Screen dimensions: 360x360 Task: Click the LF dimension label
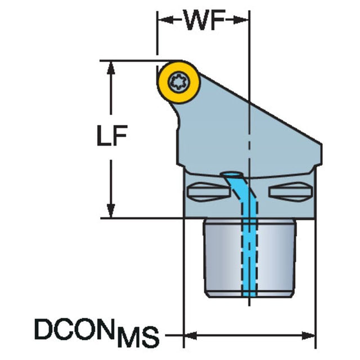click(x=112, y=136)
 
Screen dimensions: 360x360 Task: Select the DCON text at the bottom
click(x=74, y=328)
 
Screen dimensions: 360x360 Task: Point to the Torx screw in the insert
click(x=179, y=82)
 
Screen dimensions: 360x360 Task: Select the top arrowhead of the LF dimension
click(x=111, y=68)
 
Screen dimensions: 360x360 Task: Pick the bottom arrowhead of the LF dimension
click(x=111, y=210)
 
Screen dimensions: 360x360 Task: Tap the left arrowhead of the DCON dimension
click(x=191, y=336)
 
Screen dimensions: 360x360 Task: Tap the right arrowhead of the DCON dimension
click(x=308, y=336)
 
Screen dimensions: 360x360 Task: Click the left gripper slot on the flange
click(x=209, y=191)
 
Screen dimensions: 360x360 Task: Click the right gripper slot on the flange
click(x=291, y=191)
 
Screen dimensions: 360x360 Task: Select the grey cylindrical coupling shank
click(x=250, y=258)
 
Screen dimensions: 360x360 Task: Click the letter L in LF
click(x=104, y=136)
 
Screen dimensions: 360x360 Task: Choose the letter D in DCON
click(x=43, y=328)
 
